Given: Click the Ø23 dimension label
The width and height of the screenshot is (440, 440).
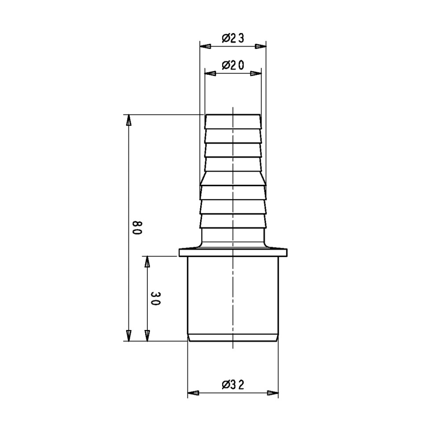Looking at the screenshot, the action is pyautogui.click(x=233, y=38).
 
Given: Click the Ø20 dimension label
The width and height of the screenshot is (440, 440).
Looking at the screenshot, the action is pyautogui.click(x=233, y=66).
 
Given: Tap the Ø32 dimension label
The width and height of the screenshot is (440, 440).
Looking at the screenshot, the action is pyautogui.click(x=233, y=385).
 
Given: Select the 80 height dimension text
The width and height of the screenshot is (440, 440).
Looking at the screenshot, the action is pyautogui.click(x=138, y=228).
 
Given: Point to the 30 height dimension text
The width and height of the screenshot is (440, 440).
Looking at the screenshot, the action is pyautogui.click(x=155, y=299).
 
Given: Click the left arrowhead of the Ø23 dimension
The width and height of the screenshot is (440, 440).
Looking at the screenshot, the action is pyautogui.click(x=205, y=46).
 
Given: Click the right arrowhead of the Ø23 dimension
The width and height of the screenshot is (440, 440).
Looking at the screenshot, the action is pyautogui.click(x=260, y=46).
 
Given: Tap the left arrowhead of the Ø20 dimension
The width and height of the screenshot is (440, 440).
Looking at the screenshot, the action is pyautogui.click(x=210, y=73).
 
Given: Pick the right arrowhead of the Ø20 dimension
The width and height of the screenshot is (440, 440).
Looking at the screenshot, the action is pyautogui.click(x=256, y=73).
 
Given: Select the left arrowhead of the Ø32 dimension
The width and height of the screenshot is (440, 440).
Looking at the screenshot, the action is pyautogui.click(x=193, y=393).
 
